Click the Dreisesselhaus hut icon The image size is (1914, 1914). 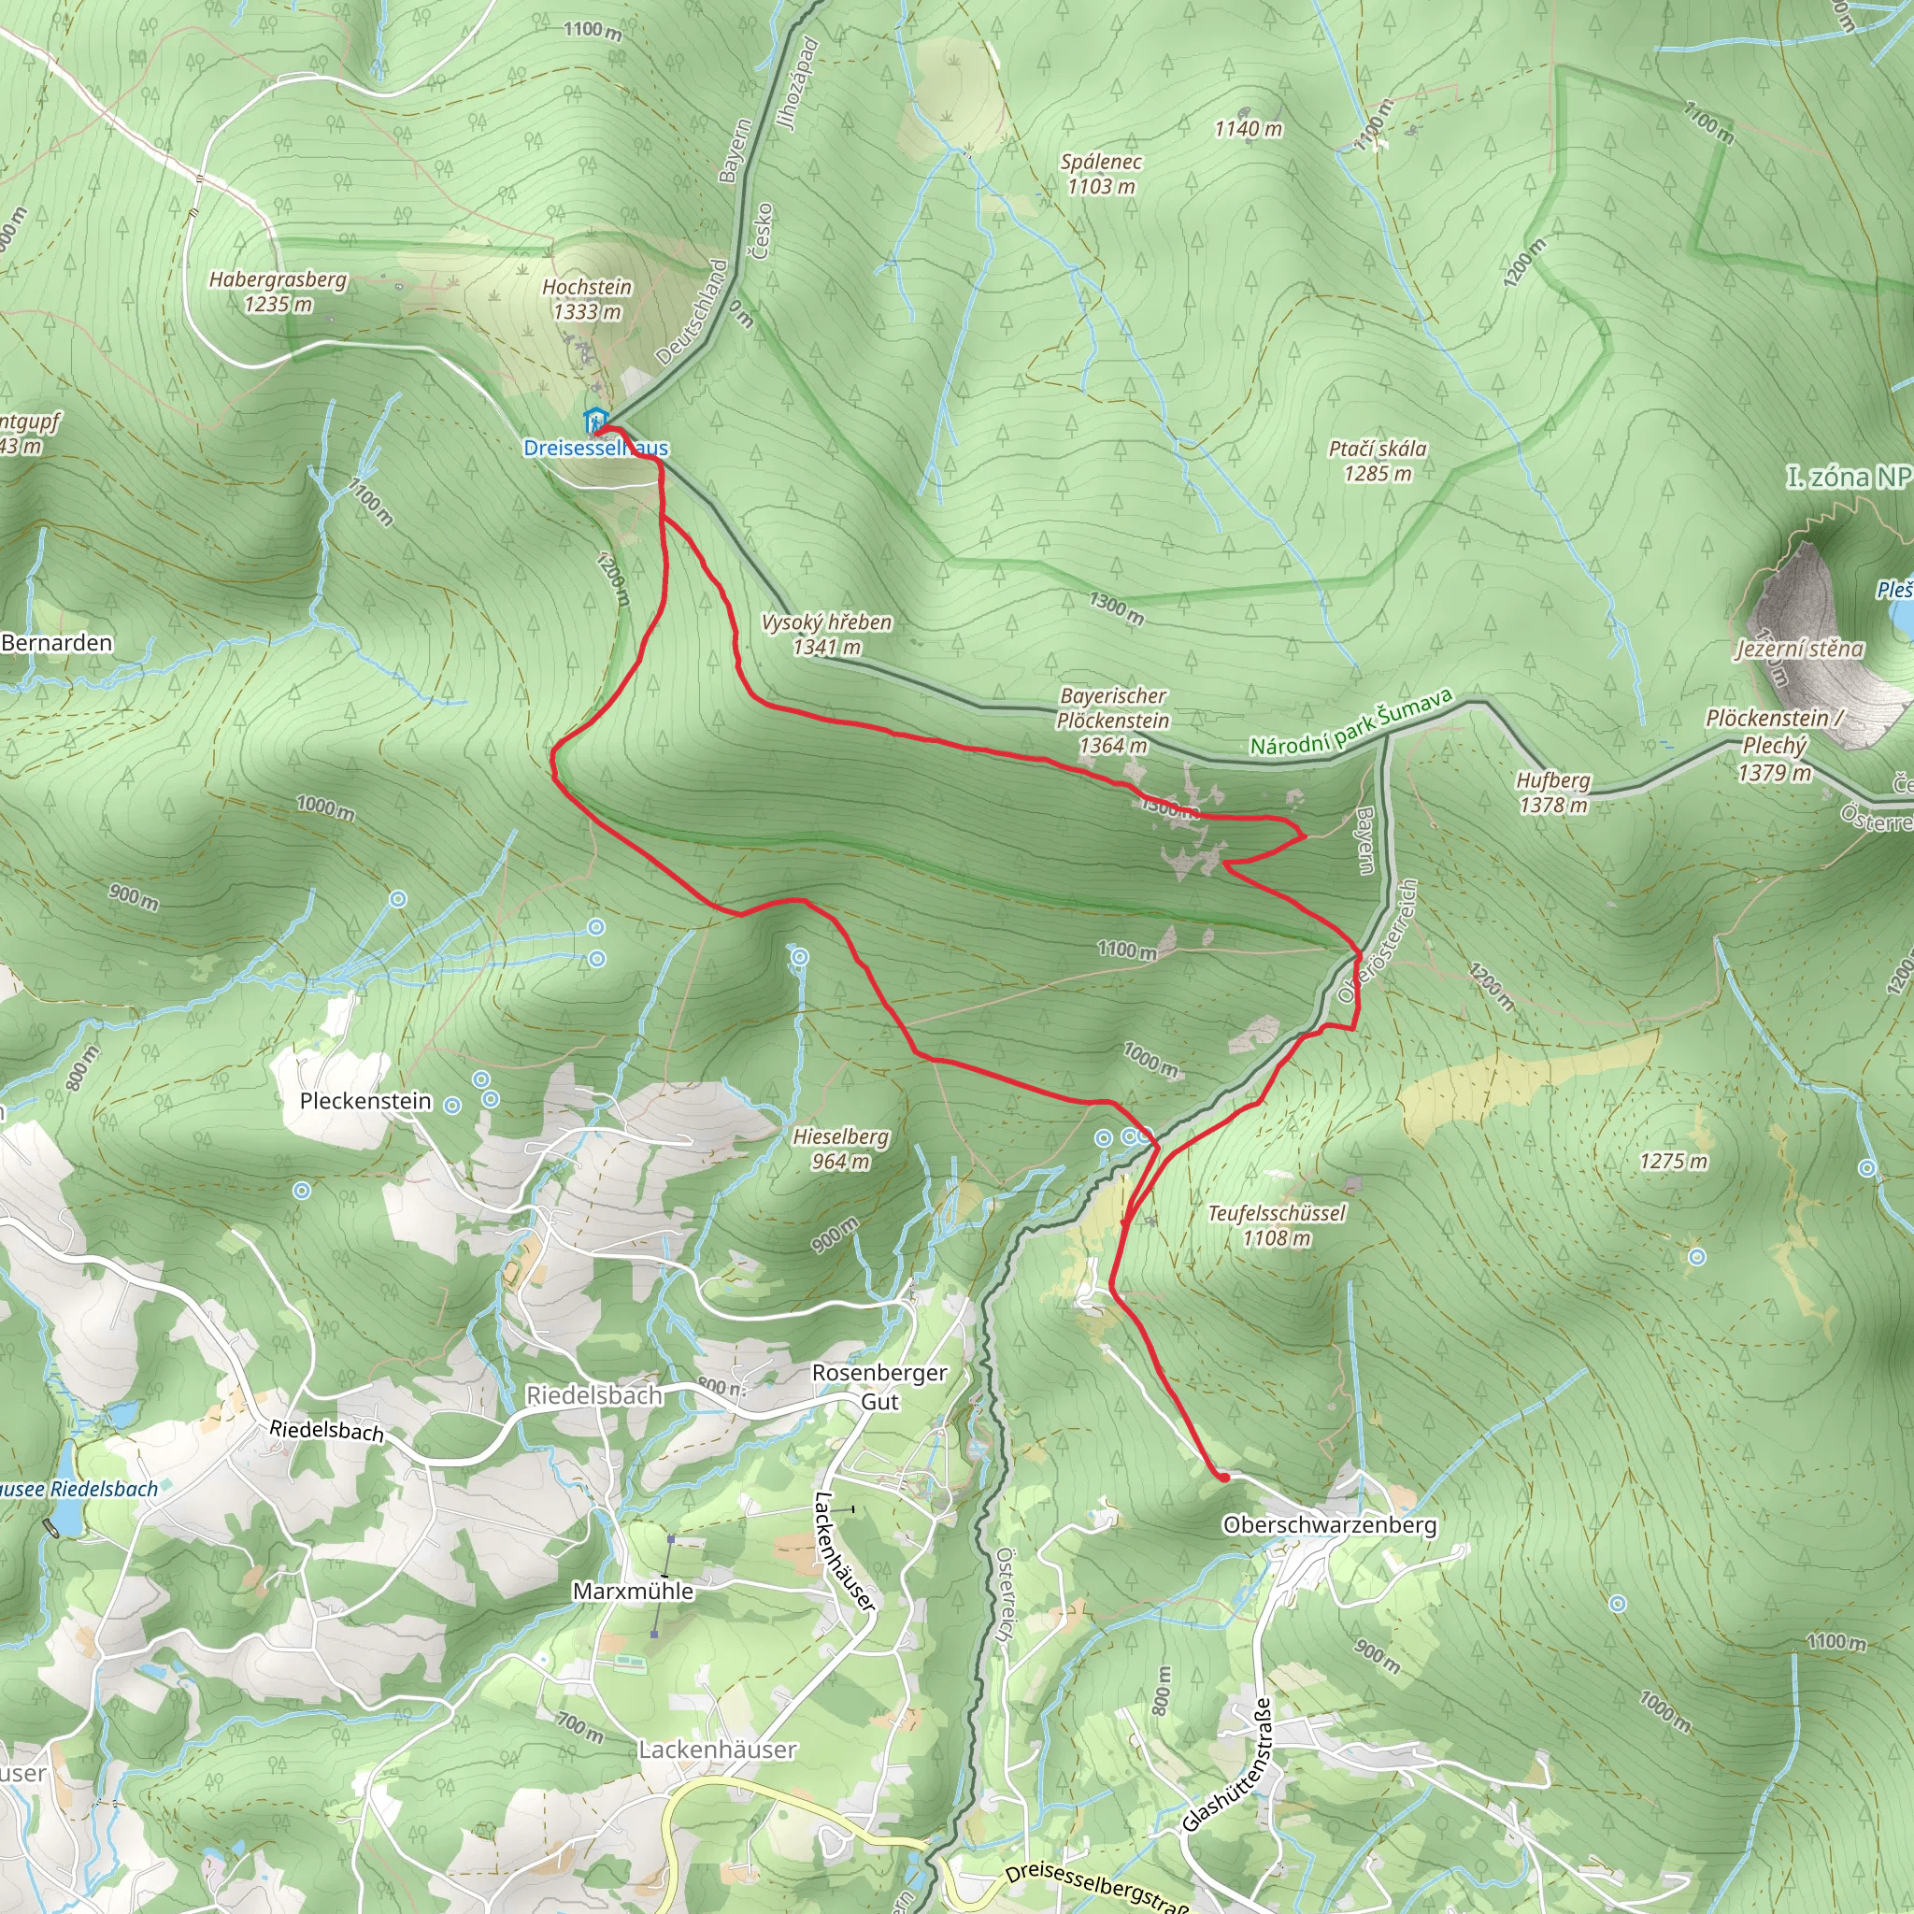pos(594,420)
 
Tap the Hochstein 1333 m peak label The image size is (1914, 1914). pos(587,299)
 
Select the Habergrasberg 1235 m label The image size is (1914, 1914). pos(278,293)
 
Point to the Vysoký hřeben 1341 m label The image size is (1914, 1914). pos(826,634)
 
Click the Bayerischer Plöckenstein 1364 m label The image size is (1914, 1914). pos(1112,721)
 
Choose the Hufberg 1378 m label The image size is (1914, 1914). pos(1553,793)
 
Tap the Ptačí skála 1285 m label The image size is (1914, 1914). pos(1377,461)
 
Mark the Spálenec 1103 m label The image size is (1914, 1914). pos(1101,174)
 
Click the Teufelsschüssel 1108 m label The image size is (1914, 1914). pos(1276,1225)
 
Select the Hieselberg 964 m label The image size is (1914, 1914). pos(840,1150)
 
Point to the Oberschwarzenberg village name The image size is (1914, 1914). pos(1330,1524)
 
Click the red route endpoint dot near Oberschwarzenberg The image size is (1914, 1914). pos(1224,1478)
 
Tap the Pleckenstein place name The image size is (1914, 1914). pos(365,1101)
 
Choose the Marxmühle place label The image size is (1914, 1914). pos(633,1591)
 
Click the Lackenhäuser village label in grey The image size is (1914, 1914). pos(717,1750)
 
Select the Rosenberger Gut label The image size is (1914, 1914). pos(879,1386)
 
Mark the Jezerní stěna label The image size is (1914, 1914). pos(1799,649)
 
